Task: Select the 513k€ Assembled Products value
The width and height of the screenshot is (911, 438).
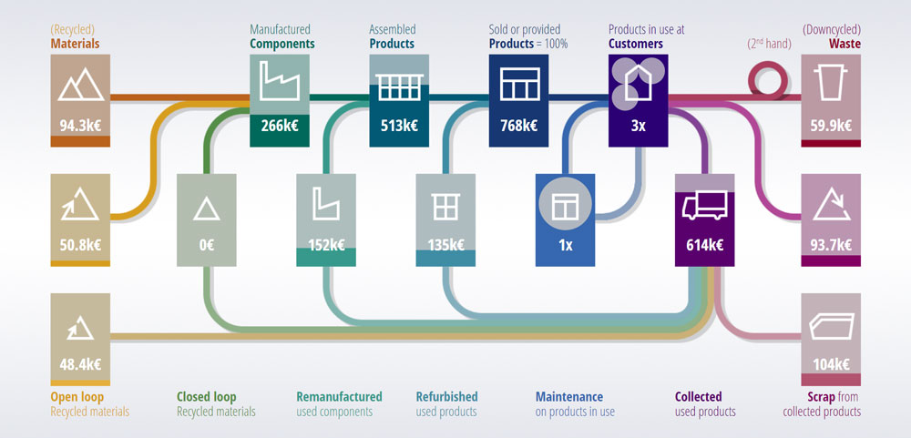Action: pos(397,127)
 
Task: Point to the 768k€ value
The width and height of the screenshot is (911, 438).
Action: pos(517,127)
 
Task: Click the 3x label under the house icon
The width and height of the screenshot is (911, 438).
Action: pos(638,127)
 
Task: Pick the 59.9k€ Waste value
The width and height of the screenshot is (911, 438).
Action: pos(830,127)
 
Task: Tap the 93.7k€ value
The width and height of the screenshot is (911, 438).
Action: pos(830,244)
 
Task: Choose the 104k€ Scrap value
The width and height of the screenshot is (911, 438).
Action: pos(830,364)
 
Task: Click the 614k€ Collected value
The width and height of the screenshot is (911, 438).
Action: pos(704,245)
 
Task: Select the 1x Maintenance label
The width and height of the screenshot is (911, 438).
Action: pos(565,245)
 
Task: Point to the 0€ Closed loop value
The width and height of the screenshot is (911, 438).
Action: pos(207,245)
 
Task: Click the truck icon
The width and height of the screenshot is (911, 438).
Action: pos(704,207)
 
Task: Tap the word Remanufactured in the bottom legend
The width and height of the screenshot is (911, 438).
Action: pos(339,397)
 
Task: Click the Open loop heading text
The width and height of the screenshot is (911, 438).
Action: pos(77,397)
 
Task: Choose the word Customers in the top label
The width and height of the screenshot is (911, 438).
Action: pos(636,44)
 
